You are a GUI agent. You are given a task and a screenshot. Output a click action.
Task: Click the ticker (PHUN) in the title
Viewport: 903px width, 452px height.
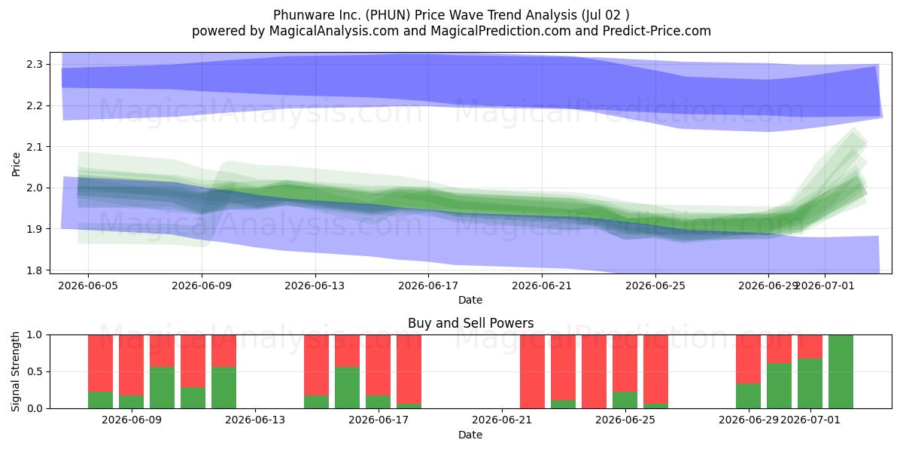(388, 15)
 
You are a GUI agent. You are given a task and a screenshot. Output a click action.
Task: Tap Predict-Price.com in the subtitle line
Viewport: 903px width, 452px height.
(657, 31)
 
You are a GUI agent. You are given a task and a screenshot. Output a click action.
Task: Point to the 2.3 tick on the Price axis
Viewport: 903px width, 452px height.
(35, 64)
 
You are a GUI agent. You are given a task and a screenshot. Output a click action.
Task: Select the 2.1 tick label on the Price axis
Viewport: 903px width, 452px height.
(35, 147)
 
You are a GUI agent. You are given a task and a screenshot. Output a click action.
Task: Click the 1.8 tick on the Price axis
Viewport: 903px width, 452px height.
(35, 270)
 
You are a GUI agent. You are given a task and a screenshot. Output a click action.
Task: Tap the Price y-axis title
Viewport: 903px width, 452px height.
(16, 164)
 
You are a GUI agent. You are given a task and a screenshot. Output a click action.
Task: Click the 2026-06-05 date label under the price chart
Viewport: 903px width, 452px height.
(88, 286)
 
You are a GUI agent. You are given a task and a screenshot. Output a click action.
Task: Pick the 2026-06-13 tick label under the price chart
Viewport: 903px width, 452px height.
(315, 286)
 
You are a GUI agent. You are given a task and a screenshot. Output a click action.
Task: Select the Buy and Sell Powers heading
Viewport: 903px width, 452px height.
(470, 323)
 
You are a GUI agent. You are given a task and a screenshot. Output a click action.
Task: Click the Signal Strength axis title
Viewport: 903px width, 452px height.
(15, 371)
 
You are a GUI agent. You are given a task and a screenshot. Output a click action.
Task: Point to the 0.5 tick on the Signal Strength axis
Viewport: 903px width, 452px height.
(35, 371)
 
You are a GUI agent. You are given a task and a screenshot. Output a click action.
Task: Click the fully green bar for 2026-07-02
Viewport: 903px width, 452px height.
(841, 371)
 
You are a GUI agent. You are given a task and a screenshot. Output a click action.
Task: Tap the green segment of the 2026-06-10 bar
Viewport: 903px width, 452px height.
(162, 387)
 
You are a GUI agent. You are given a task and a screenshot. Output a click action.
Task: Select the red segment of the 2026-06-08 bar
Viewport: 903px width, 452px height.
(100, 363)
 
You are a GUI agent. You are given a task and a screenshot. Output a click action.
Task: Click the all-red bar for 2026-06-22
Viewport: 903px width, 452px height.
(532, 371)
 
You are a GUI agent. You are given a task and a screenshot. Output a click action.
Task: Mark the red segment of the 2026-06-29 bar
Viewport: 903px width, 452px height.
(748, 359)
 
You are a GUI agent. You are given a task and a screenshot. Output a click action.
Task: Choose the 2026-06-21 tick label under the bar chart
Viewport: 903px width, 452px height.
(502, 420)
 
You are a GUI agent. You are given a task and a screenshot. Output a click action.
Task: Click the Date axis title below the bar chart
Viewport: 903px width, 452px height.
(470, 435)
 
